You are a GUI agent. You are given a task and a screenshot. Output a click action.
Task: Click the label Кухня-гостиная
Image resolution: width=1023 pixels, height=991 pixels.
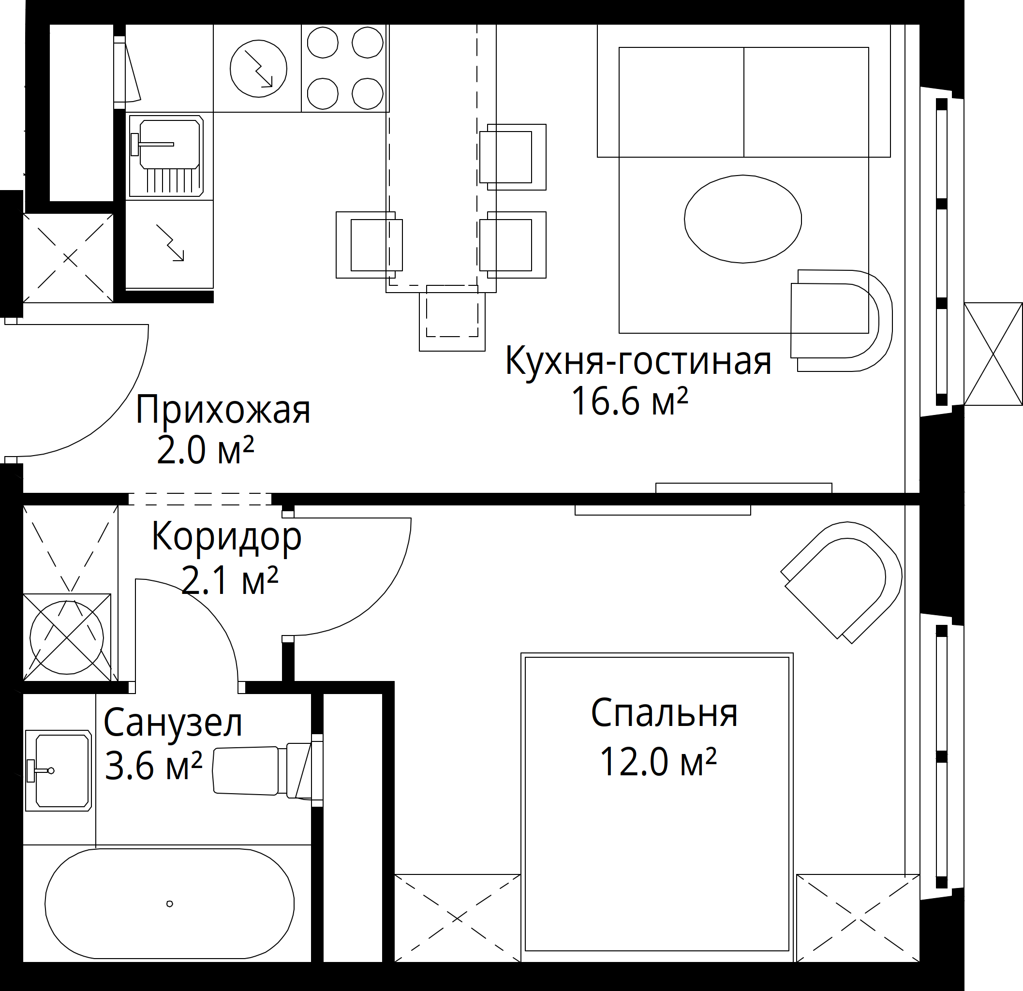tap(638, 361)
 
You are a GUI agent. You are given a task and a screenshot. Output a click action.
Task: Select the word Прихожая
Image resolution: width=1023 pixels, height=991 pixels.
tap(223, 410)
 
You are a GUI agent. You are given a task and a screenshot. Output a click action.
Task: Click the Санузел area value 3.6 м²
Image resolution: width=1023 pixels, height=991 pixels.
tap(153, 766)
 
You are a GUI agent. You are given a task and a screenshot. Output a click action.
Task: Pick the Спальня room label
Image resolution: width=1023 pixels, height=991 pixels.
tap(664, 713)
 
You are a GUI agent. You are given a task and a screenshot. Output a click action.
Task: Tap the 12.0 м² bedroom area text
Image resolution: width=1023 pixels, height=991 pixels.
tap(658, 761)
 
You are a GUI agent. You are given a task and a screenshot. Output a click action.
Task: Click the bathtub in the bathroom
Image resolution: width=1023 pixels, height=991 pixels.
tap(169, 904)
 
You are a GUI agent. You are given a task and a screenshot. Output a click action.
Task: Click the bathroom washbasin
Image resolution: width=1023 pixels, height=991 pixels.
tap(59, 770)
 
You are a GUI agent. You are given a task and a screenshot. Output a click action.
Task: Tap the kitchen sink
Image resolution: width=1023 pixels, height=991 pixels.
tap(166, 156)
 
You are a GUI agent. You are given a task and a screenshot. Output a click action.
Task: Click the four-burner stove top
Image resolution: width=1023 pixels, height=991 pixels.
tap(345, 68)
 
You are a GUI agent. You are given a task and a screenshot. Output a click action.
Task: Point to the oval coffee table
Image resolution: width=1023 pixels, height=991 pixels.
tap(743, 219)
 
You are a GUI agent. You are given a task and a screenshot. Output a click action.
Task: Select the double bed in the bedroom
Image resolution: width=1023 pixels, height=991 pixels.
tap(656, 807)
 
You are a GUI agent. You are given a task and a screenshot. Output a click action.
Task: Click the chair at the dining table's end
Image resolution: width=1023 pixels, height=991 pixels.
tap(452, 318)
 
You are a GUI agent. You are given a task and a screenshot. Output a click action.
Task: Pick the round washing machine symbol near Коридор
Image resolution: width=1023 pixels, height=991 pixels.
tap(67, 637)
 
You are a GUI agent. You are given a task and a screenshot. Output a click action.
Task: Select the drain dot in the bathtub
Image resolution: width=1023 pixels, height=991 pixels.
tap(170, 904)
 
